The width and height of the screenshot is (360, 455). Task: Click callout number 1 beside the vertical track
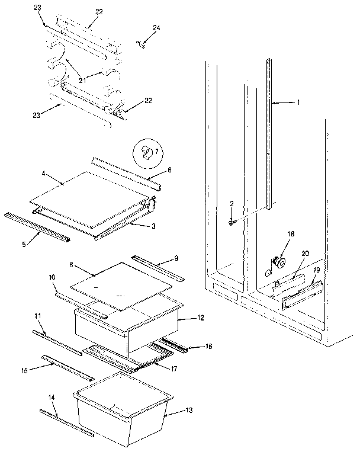[x=299, y=102]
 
